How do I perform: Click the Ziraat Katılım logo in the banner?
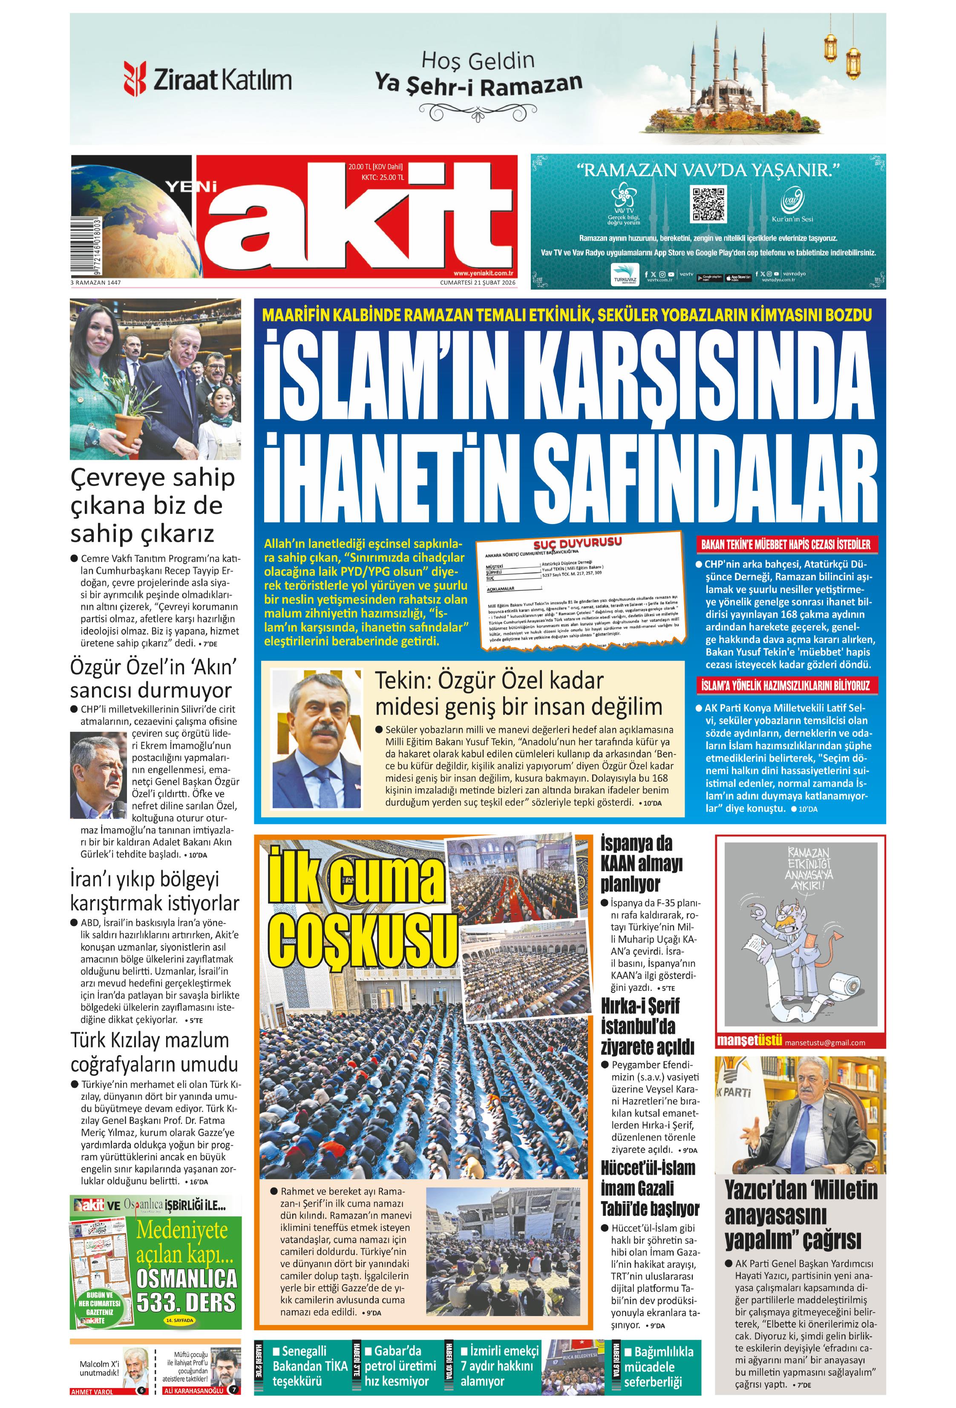[207, 79]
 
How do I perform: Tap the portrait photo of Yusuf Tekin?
[315, 739]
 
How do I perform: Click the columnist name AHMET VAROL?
[92, 1392]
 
